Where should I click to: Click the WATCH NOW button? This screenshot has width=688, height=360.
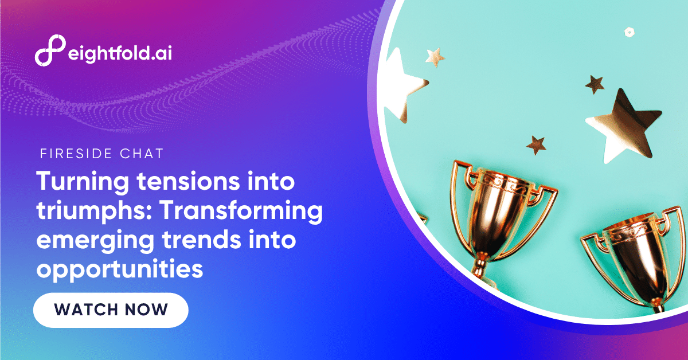tap(111, 310)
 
